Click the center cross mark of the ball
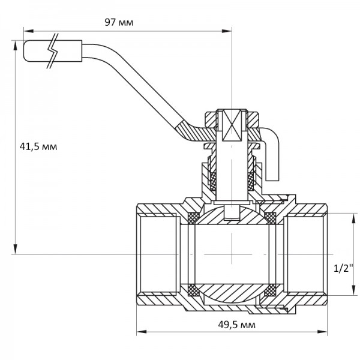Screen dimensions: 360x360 231,255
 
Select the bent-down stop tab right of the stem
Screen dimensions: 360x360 273,156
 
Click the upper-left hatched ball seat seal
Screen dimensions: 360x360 194,217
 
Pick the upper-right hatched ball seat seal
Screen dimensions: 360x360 269,217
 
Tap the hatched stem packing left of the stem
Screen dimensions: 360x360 214,178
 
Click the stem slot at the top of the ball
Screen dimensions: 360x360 231,212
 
